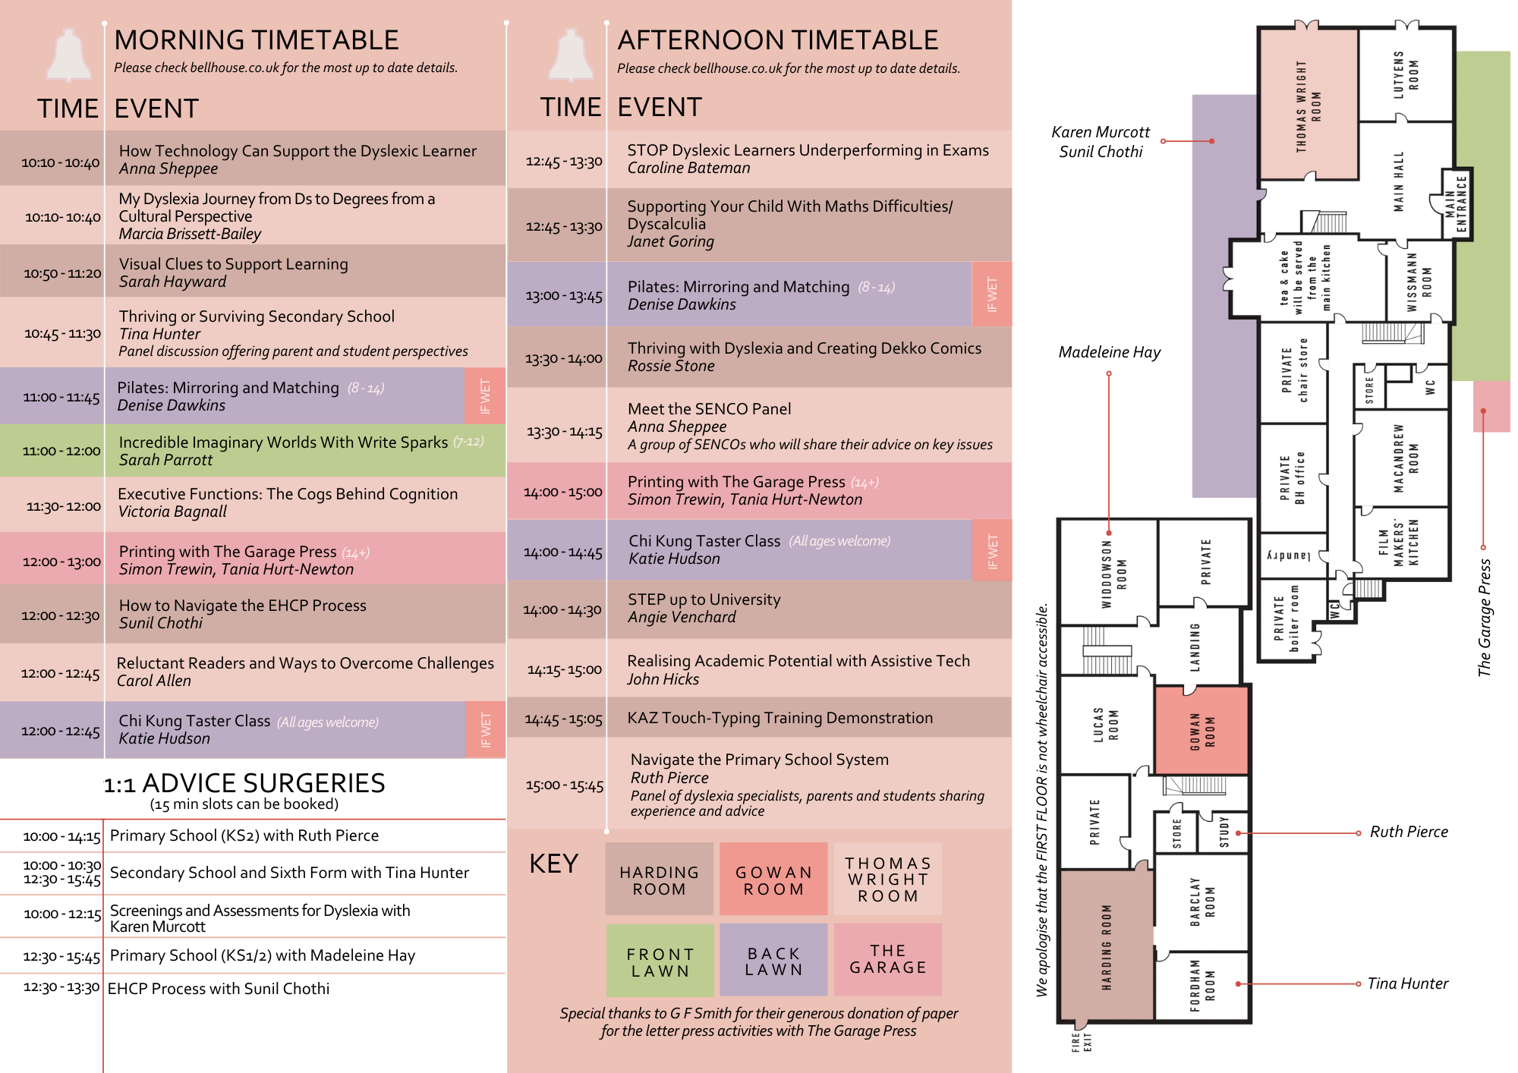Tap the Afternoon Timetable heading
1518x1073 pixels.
tap(777, 40)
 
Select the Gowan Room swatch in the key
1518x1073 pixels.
tap(773, 879)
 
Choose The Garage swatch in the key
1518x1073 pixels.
tap(887, 959)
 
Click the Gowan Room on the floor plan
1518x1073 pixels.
tap(1201, 731)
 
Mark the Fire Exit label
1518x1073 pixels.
tap(1082, 1042)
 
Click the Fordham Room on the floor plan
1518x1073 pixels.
tap(1202, 985)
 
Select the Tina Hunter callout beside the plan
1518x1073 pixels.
tap(1407, 983)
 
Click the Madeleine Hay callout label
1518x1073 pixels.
tap(1109, 352)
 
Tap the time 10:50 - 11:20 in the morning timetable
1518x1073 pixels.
tap(62, 273)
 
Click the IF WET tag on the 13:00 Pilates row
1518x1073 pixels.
tap(991, 294)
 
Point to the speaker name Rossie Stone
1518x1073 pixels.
tap(671, 366)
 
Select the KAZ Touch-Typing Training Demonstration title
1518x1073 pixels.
tap(779, 718)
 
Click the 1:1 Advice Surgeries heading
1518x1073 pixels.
tap(244, 783)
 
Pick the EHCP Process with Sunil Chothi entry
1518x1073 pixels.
tap(219, 989)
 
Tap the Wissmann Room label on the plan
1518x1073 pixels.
tap(1419, 282)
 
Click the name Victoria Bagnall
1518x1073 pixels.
tap(172, 511)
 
